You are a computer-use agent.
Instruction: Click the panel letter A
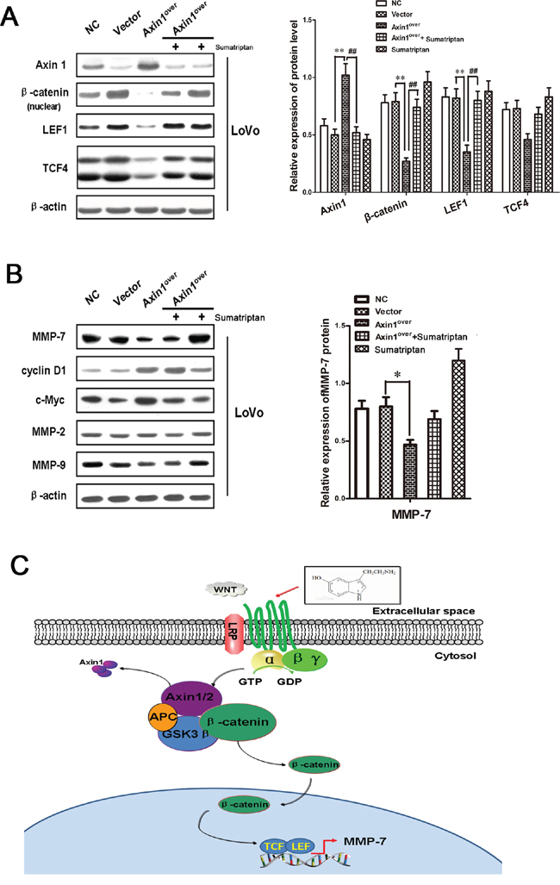click(11, 15)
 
